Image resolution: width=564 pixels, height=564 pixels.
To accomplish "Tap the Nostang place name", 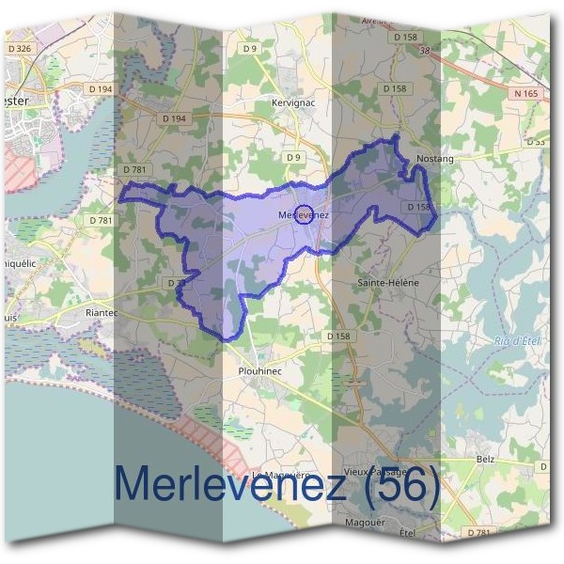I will tap(434, 159).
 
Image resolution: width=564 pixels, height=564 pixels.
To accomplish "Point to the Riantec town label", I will tap(101, 312).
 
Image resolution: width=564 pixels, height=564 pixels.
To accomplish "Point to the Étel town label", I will tap(407, 533).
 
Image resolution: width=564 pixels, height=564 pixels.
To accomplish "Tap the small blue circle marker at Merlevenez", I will tap(303, 215).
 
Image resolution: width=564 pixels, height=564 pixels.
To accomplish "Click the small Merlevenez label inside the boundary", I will tap(303, 216).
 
